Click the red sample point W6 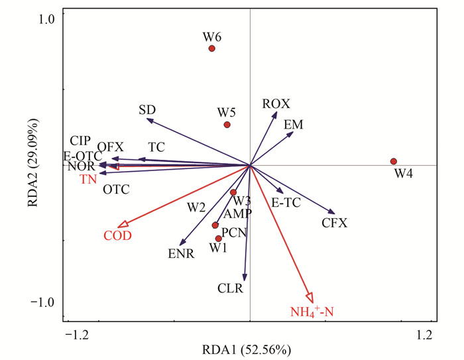click(x=212, y=48)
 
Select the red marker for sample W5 click(x=227, y=125)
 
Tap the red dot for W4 click(x=394, y=161)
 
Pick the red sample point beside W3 click(x=233, y=192)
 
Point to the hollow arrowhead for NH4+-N click(x=310, y=299)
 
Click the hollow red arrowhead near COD click(x=121, y=225)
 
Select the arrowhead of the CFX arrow click(x=333, y=212)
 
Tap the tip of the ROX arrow click(x=275, y=113)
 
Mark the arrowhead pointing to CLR click(x=245, y=278)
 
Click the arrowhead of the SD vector click(x=148, y=120)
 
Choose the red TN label click(x=88, y=180)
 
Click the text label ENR click(x=180, y=253)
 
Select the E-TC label click(x=286, y=204)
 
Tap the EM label click(x=293, y=125)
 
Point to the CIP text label click(x=79, y=141)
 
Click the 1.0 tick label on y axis click(x=36, y=18)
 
